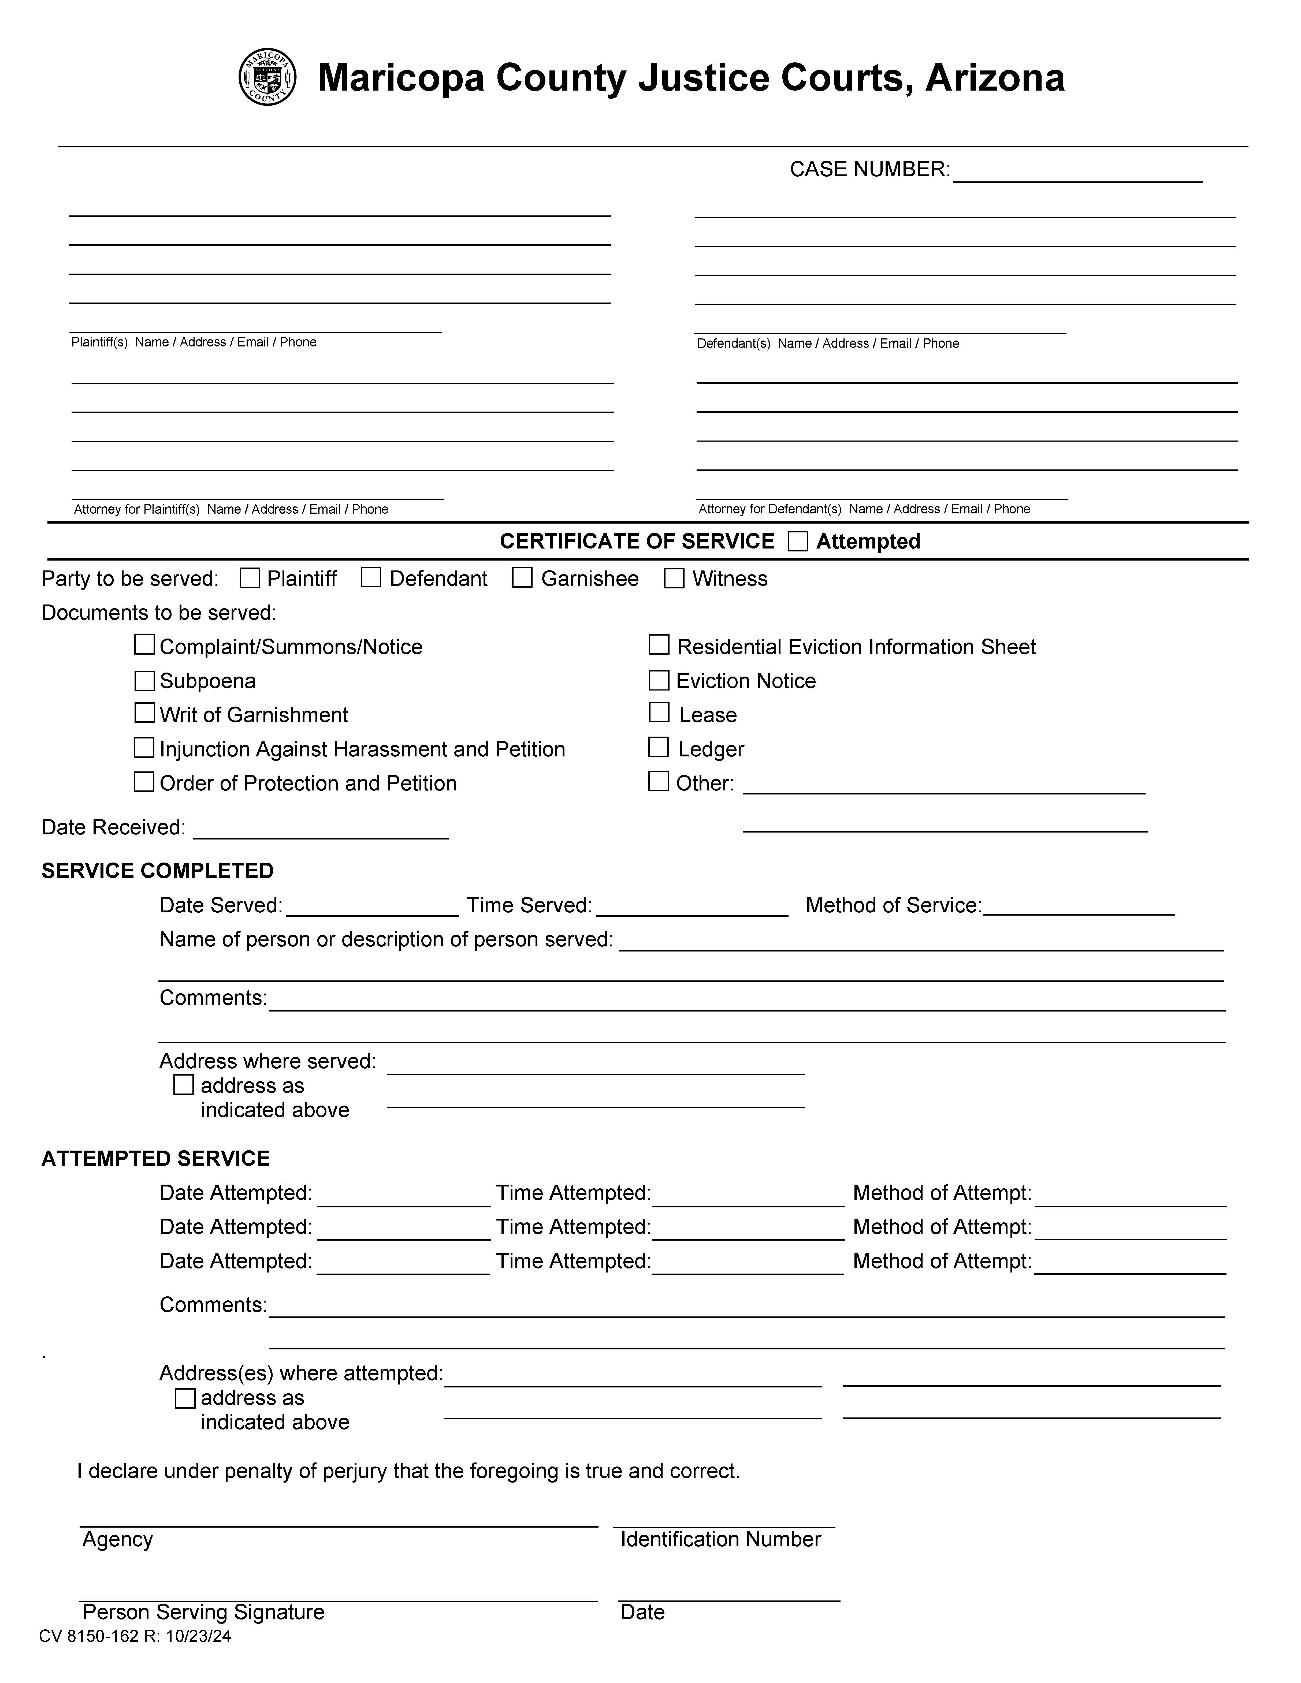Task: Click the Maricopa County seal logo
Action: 267,77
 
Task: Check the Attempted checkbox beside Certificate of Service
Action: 798,542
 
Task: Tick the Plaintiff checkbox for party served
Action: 250,578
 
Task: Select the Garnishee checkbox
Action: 523,578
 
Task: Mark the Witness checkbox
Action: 674,578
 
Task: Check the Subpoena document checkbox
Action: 144,680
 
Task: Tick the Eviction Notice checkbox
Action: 659,680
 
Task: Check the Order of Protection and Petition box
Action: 144,782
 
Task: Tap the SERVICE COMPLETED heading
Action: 157,871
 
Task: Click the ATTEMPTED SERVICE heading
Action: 156,1159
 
